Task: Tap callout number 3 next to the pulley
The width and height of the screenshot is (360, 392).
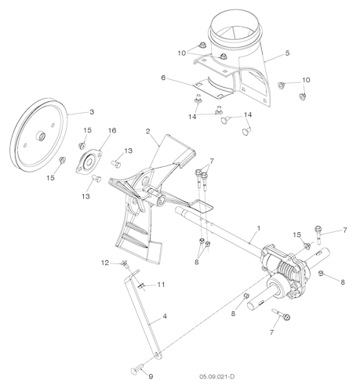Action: (91, 111)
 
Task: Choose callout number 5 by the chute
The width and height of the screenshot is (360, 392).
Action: (287, 53)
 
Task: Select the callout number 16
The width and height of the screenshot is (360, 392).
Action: (111, 130)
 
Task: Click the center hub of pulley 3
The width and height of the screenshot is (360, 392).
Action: (38, 138)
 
